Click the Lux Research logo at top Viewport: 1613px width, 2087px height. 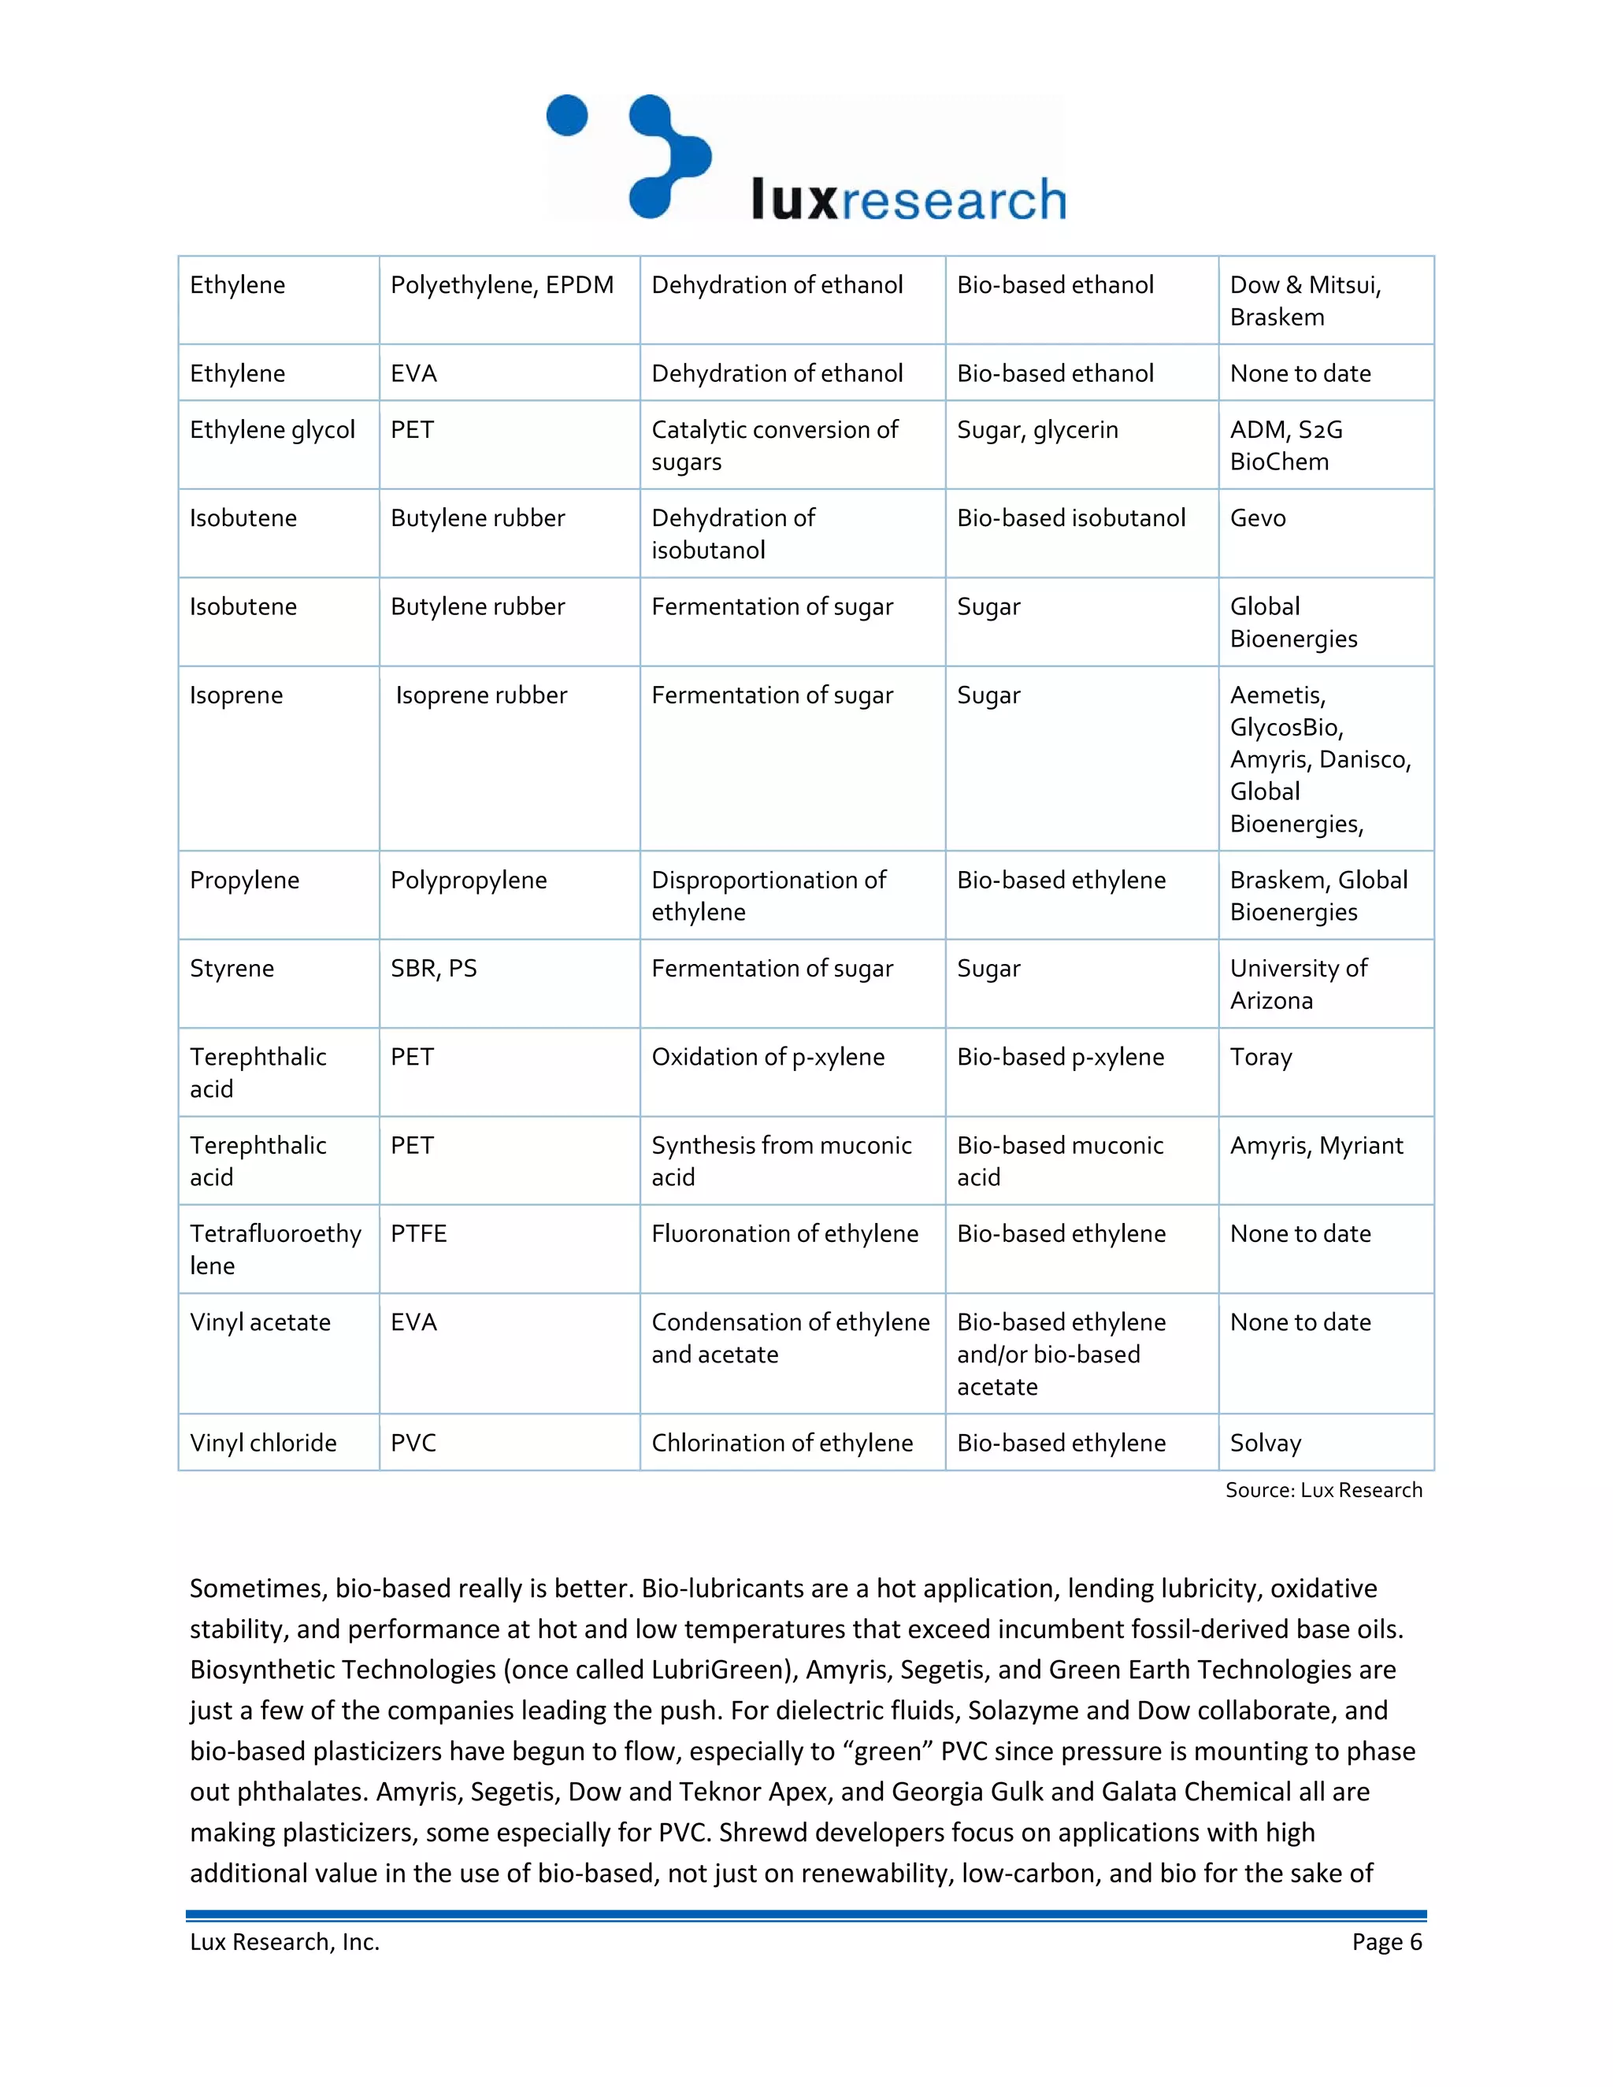click(x=806, y=158)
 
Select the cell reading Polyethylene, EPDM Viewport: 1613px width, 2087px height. click(x=502, y=285)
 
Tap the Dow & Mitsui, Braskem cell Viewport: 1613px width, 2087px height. click(x=1304, y=300)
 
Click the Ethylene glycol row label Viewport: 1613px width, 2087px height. click(x=273, y=430)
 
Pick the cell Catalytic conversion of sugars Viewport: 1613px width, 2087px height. click(x=774, y=445)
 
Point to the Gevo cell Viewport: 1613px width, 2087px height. click(x=1258, y=518)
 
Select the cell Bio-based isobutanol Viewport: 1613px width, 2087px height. click(x=1070, y=518)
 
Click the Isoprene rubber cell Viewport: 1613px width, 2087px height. click(x=480, y=695)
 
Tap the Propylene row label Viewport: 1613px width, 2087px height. click(x=245, y=880)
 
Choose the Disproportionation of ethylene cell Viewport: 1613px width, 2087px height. click(x=768, y=895)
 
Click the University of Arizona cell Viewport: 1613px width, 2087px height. click(x=1298, y=984)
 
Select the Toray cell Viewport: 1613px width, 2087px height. click(x=1260, y=1057)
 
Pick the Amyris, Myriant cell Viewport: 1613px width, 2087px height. click(x=1316, y=1145)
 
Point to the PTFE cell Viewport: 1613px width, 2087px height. click(x=418, y=1233)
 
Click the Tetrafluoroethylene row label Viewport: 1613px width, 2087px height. click(x=275, y=1249)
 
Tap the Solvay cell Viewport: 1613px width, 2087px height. click(x=1265, y=1443)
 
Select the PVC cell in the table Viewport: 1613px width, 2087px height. click(x=413, y=1443)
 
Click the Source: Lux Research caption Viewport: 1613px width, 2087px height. click(x=1323, y=1490)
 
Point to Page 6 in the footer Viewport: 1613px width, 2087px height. click(x=1386, y=1942)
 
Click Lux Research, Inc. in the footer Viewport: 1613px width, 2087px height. click(x=285, y=1942)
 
